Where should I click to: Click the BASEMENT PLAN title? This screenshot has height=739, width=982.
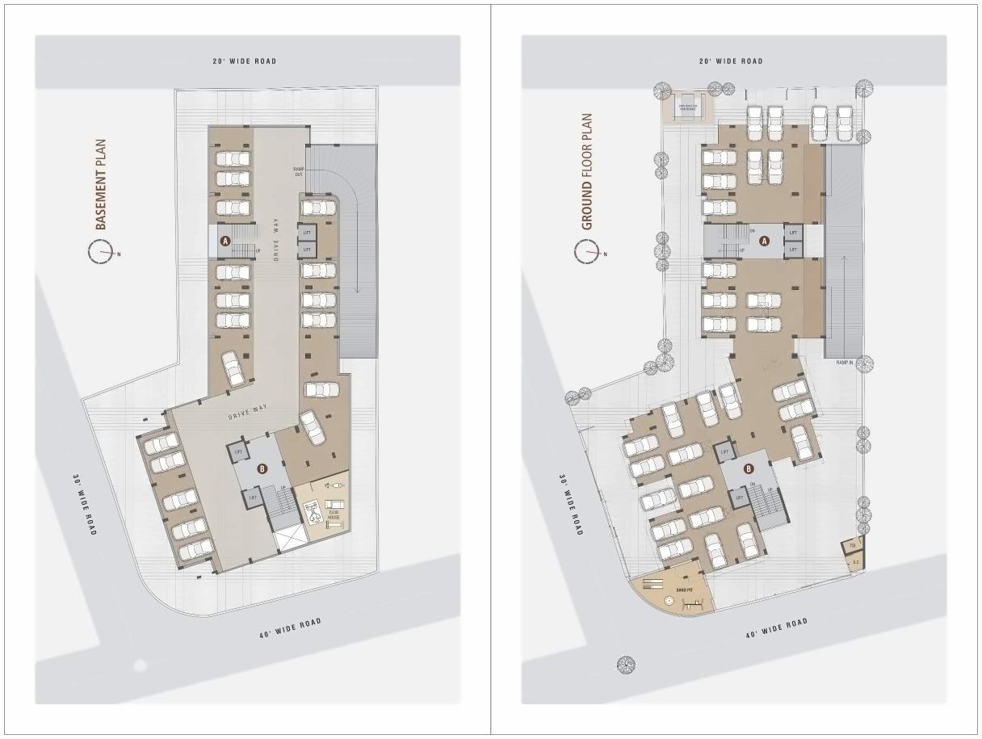pyautogui.click(x=101, y=184)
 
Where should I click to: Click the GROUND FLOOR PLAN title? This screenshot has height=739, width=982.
pyautogui.click(x=587, y=172)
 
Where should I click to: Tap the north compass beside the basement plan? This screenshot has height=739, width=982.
pyautogui.click(x=101, y=254)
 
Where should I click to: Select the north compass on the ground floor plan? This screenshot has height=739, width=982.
pyautogui.click(x=587, y=254)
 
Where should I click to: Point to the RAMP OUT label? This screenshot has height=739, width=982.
pyautogui.click(x=299, y=171)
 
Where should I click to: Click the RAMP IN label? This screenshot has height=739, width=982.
pyautogui.click(x=845, y=363)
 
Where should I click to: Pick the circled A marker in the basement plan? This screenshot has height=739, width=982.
pyautogui.click(x=226, y=241)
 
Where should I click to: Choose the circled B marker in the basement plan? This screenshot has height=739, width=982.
pyautogui.click(x=262, y=468)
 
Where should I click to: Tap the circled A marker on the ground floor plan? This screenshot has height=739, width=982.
pyautogui.click(x=765, y=241)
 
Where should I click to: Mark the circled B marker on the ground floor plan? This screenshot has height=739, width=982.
pyautogui.click(x=749, y=468)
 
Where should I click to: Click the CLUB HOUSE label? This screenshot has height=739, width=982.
pyautogui.click(x=334, y=512)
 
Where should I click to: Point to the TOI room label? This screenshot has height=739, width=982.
pyautogui.click(x=852, y=545)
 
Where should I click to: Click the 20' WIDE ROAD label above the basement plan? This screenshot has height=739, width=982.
pyautogui.click(x=245, y=61)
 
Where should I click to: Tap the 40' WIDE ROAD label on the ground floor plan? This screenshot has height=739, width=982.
pyautogui.click(x=776, y=628)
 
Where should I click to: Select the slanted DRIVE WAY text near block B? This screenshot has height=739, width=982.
pyautogui.click(x=248, y=412)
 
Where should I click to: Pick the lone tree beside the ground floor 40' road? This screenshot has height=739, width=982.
pyautogui.click(x=626, y=665)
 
